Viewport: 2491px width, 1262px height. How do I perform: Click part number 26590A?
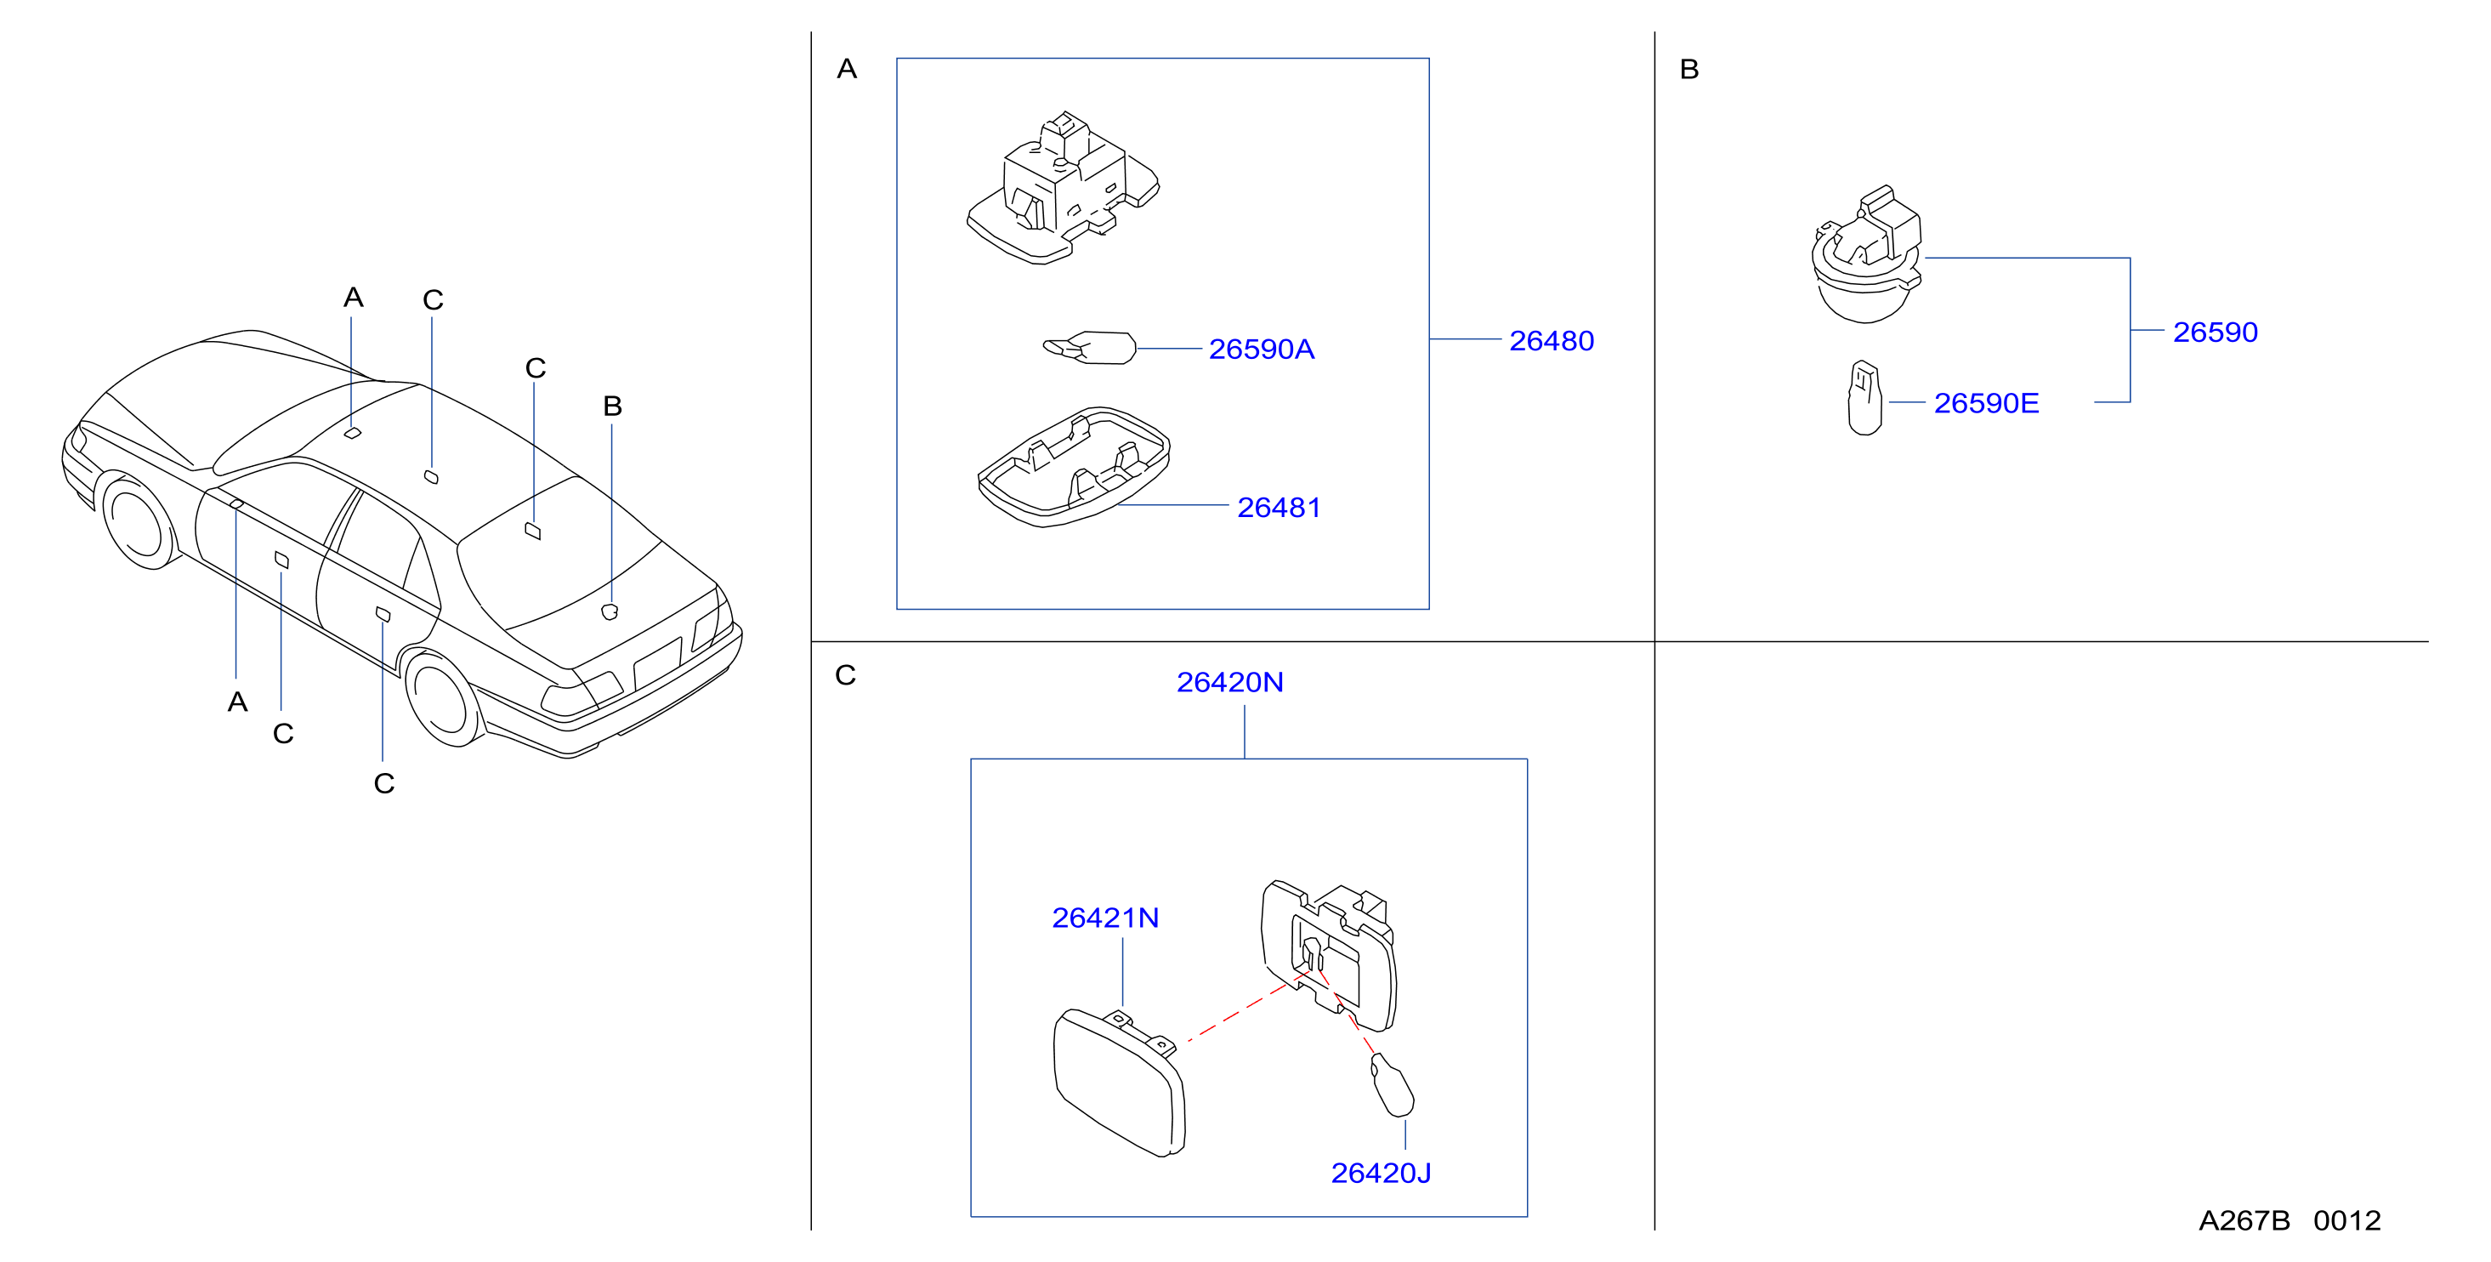click(x=1261, y=350)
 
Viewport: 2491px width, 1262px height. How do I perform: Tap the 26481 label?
click(x=1279, y=508)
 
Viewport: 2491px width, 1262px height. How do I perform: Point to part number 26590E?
click(x=1986, y=403)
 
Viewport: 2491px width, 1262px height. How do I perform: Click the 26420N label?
click(x=1230, y=683)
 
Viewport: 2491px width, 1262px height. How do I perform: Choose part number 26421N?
click(x=1105, y=918)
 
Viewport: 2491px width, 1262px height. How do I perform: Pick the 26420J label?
click(x=1381, y=1173)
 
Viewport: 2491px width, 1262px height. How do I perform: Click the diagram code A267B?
click(x=2244, y=1220)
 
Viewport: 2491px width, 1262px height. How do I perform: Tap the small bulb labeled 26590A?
click(x=1089, y=347)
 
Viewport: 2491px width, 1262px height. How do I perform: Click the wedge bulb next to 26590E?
click(x=1864, y=397)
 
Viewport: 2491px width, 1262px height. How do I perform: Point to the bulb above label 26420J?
click(x=1392, y=1085)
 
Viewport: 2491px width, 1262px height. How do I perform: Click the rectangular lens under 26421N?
click(x=1119, y=1083)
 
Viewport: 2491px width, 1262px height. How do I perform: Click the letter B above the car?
click(x=612, y=406)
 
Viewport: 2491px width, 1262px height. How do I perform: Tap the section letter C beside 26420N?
click(x=845, y=675)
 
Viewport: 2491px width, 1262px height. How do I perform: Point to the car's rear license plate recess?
click(x=657, y=663)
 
